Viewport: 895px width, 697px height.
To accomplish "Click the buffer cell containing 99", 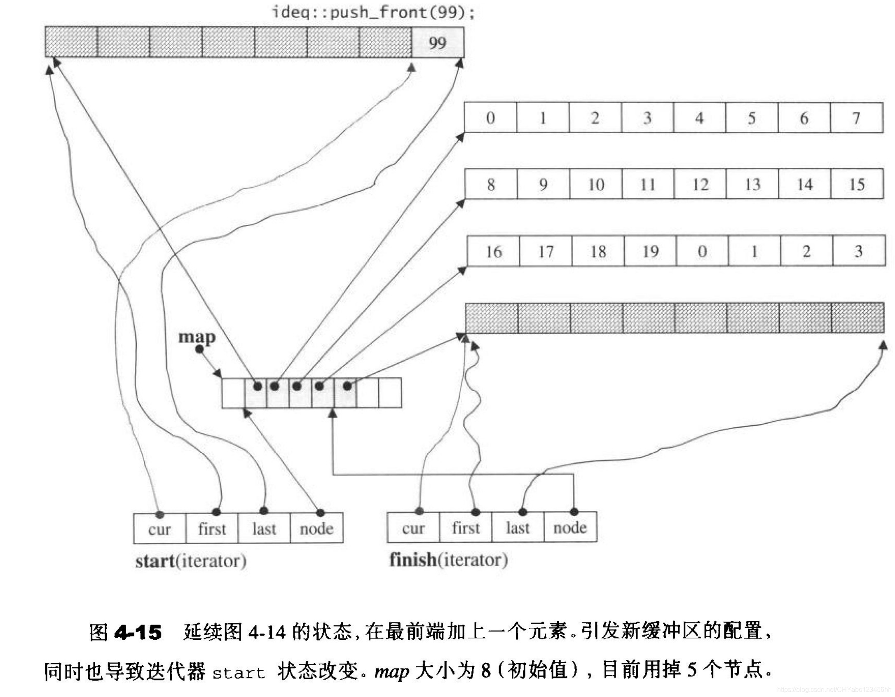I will [438, 42].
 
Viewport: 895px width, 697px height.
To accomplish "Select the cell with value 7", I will [856, 118].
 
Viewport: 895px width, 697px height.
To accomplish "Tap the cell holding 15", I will [857, 184].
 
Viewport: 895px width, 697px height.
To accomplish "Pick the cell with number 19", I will [650, 251].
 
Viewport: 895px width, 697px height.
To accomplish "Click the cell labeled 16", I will [493, 251].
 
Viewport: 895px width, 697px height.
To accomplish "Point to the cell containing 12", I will [700, 184].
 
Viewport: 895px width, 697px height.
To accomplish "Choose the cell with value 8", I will [490, 184].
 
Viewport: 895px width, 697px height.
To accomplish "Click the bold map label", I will [197, 337].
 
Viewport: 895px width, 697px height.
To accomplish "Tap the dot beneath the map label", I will [199, 350].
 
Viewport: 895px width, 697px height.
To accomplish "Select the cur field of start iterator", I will [159, 529].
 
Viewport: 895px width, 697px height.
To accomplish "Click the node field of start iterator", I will [316, 529].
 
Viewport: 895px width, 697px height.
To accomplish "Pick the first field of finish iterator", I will [466, 528].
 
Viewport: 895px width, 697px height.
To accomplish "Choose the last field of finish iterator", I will [518, 528].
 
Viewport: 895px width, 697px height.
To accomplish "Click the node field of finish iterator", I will [570, 528].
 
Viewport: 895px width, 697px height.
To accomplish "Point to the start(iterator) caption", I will [191, 561].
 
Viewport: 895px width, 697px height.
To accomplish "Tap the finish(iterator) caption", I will [448, 560].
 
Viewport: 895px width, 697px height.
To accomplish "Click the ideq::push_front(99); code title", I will [373, 12].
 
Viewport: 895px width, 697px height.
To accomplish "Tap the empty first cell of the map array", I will [233, 393].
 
